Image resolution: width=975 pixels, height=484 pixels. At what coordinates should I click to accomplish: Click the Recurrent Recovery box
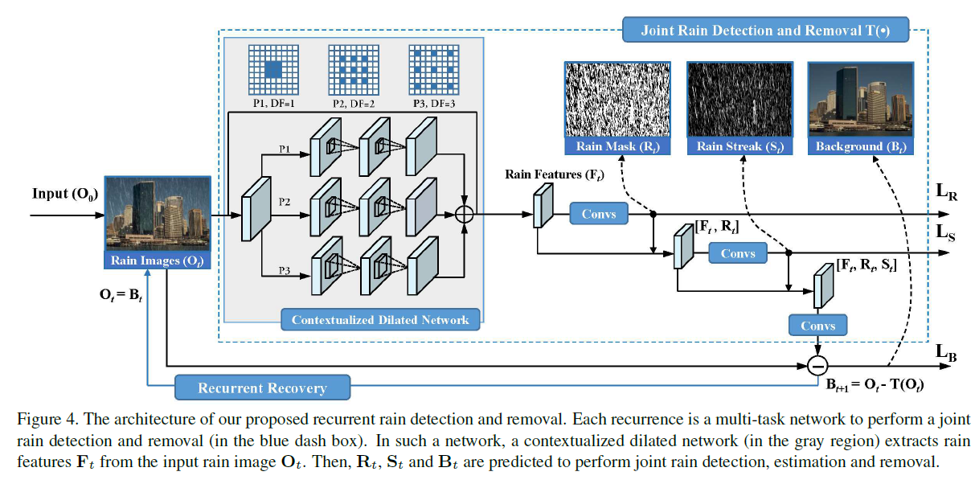tap(262, 388)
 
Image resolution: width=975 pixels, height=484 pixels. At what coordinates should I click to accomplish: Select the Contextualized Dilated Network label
tap(379, 319)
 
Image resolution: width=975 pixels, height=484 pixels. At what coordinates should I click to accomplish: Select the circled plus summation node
tap(465, 214)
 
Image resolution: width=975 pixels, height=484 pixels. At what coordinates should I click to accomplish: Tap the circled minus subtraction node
tap(817, 366)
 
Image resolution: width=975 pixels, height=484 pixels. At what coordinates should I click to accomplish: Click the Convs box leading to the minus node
tap(817, 326)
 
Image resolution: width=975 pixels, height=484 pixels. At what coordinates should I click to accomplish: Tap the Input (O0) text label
tap(63, 194)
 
